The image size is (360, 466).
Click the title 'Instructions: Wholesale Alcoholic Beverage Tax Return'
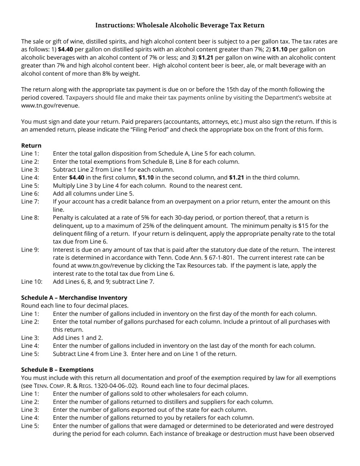tap(180, 25)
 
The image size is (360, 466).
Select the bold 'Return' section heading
tap(31, 145)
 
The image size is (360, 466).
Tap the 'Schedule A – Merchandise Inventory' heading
tap(74, 297)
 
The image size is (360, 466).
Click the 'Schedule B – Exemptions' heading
tap(57, 369)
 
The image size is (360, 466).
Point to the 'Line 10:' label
tap(31, 281)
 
